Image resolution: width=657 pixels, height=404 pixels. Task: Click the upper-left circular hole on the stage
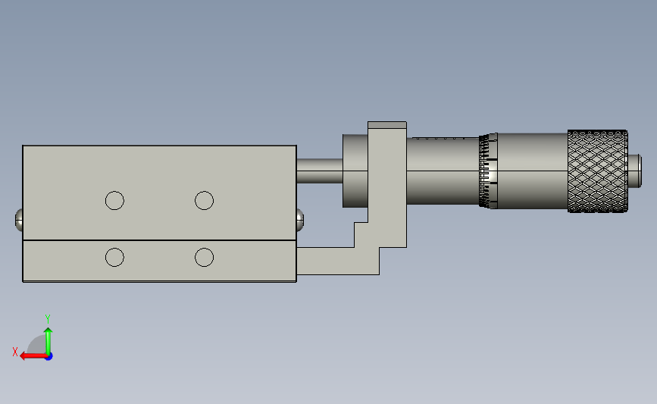tap(114, 200)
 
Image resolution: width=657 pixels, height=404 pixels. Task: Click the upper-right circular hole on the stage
tap(204, 200)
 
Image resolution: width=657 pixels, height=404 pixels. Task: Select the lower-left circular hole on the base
tap(114, 257)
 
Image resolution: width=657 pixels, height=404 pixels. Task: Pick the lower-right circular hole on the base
tap(204, 257)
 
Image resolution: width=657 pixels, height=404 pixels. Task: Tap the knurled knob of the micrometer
tap(597, 171)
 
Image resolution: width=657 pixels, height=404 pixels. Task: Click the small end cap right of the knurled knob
tap(634, 171)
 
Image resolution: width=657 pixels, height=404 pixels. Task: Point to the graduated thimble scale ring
tap(488, 171)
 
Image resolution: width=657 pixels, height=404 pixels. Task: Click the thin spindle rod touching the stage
tap(320, 171)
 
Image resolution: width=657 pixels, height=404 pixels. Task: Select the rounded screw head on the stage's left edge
tap(19, 220)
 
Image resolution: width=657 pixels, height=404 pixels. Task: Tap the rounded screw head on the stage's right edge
tap(300, 220)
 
